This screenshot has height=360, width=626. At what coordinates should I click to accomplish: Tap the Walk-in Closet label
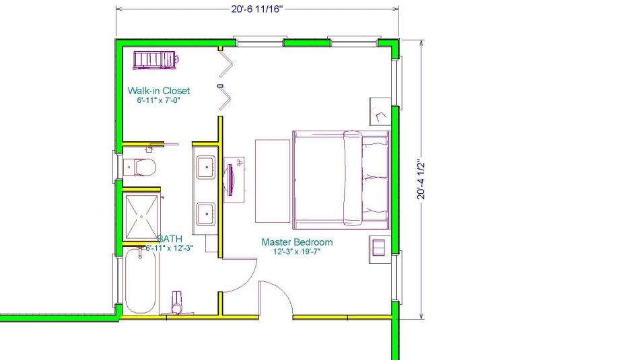pos(159,90)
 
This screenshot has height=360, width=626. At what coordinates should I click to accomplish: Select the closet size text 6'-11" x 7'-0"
pos(159,100)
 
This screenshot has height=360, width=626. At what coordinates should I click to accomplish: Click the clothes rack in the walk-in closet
pos(155,60)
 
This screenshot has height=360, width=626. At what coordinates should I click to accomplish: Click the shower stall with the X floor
pos(142,216)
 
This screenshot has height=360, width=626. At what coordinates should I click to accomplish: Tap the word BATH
pos(169,239)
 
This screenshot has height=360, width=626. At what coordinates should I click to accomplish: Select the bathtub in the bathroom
pos(140,281)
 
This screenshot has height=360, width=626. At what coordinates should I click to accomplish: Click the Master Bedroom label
pos(297,242)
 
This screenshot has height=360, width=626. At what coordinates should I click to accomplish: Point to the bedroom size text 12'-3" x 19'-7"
pos(297,252)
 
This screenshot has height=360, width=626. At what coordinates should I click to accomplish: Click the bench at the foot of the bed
pos(272,180)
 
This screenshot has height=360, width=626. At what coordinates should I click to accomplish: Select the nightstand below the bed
pos(378,246)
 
